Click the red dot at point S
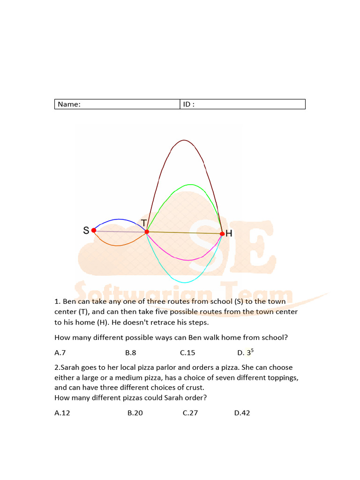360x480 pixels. click(x=94, y=230)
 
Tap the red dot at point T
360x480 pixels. click(x=147, y=232)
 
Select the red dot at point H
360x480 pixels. click(x=222, y=233)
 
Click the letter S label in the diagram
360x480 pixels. click(x=86, y=230)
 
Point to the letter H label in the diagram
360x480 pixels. click(x=229, y=233)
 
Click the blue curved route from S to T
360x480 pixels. click(x=120, y=219)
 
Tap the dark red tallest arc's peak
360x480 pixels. click(x=184, y=140)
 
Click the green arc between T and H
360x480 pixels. click(x=189, y=185)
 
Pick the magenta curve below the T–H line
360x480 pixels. click(x=187, y=260)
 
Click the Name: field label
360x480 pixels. click(x=69, y=105)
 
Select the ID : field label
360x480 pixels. click(x=188, y=105)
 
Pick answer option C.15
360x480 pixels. click(x=187, y=352)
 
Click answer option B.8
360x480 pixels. click(x=130, y=352)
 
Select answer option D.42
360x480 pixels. click(x=242, y=413)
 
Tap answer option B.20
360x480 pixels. click(x=135, y=413)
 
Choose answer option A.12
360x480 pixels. click(x=62, y=413)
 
